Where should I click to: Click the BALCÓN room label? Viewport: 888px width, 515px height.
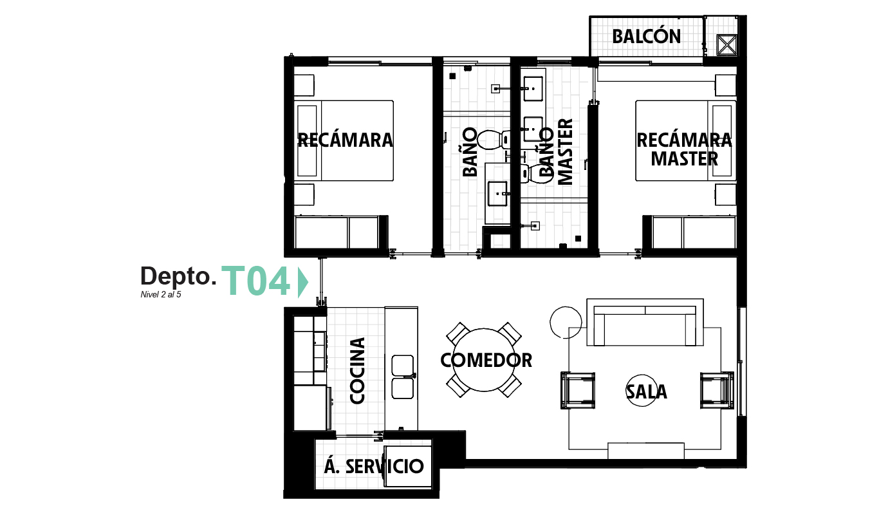tap(646, 37)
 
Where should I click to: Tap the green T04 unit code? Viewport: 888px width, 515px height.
tap(256, 283)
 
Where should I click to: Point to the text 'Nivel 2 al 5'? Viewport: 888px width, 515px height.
tap(161, 295)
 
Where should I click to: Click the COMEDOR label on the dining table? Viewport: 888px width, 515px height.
tap(486, 360)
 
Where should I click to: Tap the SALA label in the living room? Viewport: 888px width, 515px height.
tap(647, 391)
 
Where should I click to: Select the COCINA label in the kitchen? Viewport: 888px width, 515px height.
tap(357, 371)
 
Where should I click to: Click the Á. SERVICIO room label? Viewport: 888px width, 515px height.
tap(373, 467)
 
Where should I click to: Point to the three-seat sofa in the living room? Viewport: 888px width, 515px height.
tap(645, 323)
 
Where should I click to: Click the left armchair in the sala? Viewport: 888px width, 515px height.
tap(578, 390)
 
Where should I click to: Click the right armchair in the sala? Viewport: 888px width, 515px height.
tap(716, 390)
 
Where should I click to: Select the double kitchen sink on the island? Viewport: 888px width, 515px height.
tap(403, 376)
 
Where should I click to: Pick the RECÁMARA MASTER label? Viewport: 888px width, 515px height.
tap(684, 149)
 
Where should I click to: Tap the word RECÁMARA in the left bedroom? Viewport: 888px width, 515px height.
tap(345, 140)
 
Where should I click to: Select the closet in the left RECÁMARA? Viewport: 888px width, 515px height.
tap(337, 232)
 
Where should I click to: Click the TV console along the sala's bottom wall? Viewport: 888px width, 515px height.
tap(645, 451)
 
